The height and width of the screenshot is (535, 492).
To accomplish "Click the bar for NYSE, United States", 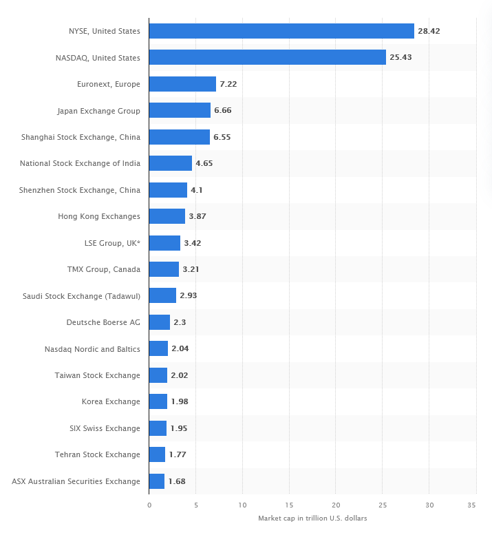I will [x=281, y=31].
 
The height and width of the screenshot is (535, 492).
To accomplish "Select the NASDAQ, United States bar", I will [x=268, y=58].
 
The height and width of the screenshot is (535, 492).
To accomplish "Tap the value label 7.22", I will [x=228, y=84].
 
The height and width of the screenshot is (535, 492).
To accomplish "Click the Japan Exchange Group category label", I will [x=99, y=111].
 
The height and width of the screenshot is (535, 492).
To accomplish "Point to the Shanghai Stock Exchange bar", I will [x=180, y=137].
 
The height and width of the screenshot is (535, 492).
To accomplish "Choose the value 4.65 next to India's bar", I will [x=204, y=163].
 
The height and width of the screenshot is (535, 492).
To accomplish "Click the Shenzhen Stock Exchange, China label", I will [x=80, y=190].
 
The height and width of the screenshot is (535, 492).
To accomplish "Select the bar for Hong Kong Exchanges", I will [x=167, y=216].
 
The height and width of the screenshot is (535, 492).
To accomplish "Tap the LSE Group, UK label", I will [x=111, y=243].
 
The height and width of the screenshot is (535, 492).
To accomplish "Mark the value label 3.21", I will [x=191, y=269].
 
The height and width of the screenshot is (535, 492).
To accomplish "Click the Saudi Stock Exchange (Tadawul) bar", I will [x=162, y=295].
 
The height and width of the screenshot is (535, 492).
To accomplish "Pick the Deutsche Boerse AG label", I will [x=103, y=322].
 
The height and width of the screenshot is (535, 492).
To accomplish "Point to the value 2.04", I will [x=180, y=348].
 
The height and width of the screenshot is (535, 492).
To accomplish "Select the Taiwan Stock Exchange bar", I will [x=158, y=375].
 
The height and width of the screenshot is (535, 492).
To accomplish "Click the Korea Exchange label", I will [x=111, y=401].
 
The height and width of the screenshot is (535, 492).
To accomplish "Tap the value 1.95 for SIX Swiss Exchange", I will [x=178, y=428].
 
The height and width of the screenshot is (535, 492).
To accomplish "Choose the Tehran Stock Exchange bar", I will [x=157, y=454].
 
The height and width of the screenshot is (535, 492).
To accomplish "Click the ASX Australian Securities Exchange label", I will [x=76, y=481].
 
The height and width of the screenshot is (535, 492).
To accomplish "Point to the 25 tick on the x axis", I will [x=383, y=505].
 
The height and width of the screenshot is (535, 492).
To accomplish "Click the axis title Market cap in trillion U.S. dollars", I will [x=312, y=518].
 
